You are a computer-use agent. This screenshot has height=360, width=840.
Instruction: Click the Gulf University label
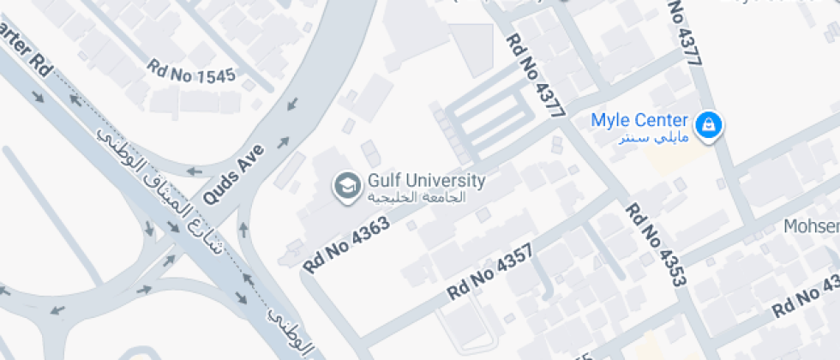tap(426, 181)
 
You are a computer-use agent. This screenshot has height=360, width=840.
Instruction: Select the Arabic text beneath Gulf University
tap(416, 197)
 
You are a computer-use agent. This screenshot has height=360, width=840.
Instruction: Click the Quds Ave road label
tap(233, 175)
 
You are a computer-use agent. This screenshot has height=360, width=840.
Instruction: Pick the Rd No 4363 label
tap(346, 244)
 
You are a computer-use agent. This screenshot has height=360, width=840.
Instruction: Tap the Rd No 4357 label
tap(489, 273)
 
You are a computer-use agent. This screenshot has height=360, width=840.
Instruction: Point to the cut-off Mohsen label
tap(813, 226)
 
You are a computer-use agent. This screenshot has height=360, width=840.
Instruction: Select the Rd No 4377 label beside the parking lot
tap(536, 75)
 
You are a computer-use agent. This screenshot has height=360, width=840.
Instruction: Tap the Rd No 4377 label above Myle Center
tap(686, 33)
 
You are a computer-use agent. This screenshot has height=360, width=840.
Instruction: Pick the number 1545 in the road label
tap(215, 76)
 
